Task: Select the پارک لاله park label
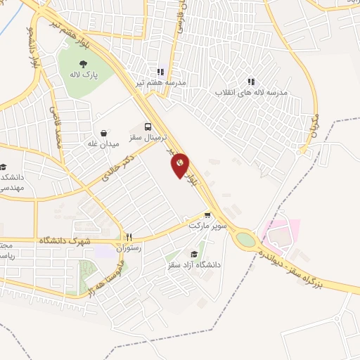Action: coord(83,73)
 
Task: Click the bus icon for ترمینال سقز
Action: coord(148,127)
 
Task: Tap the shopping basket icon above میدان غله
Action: coord(104,132)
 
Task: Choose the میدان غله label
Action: coord(101,143)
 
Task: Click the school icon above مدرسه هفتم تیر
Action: coord(161,71)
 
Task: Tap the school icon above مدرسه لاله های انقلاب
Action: coord(251,82)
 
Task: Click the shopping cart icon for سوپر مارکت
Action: coord(207,216)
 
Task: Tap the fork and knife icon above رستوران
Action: coord(128,237)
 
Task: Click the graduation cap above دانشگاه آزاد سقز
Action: coord(193,255)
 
